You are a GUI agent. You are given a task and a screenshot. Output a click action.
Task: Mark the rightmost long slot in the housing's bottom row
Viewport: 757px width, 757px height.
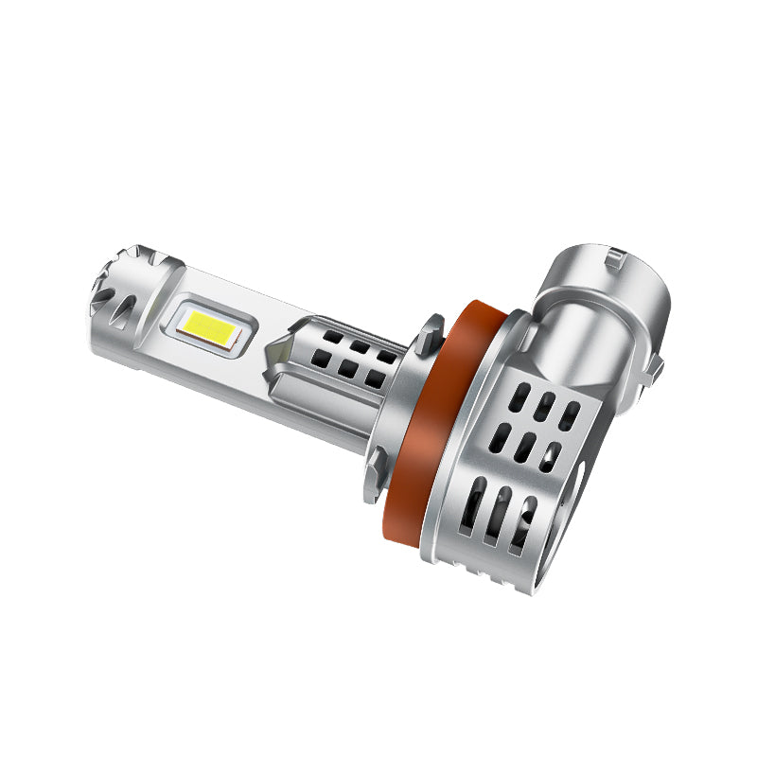click(x=521, y=532)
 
